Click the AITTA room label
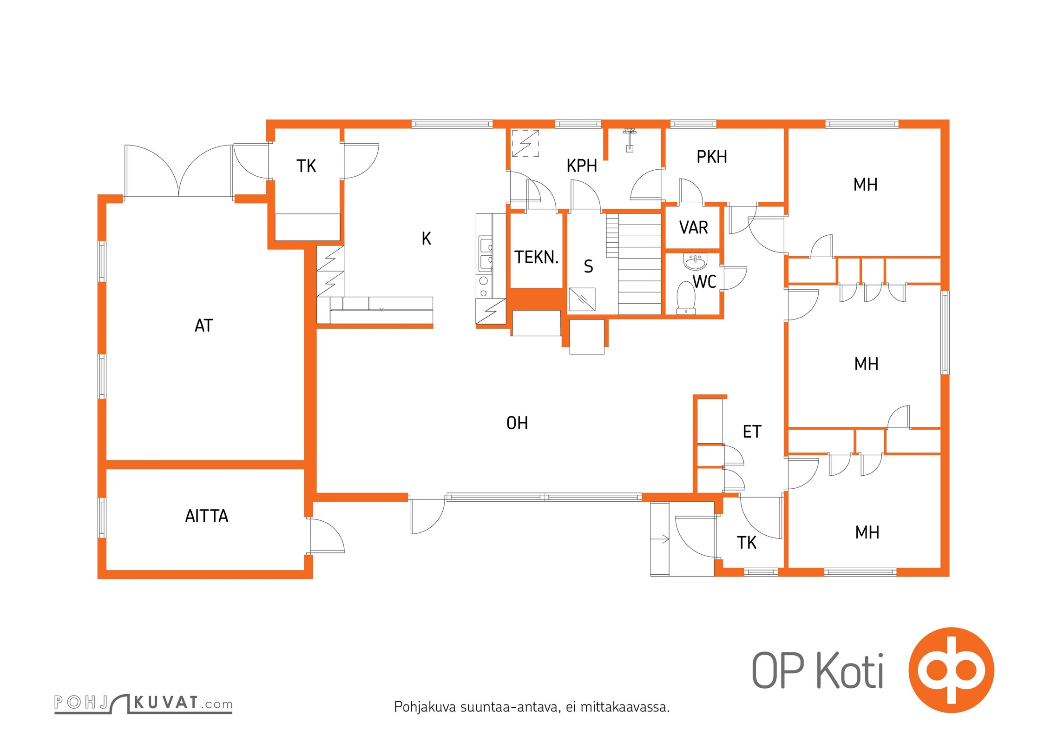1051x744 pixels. (207, 516)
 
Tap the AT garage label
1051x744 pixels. (204, 326)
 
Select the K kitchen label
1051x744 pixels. (426, 239)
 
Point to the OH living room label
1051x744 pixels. (517, 423)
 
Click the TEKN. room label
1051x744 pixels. (536, 257)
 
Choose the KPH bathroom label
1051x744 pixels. (582, 166)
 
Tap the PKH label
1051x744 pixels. (712, 157)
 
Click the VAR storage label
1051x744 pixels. (694, 228)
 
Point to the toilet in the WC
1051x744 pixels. (686, 298)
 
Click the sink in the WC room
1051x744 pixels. (695, 261)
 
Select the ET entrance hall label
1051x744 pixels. (752, 432)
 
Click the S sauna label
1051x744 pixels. (588, 266)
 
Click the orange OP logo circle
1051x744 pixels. (951, 670)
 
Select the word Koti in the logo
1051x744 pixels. (850, 671)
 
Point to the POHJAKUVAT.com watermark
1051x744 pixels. (143, 703)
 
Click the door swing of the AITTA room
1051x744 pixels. (328, 535)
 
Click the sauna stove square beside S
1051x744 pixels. (582, 299)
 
